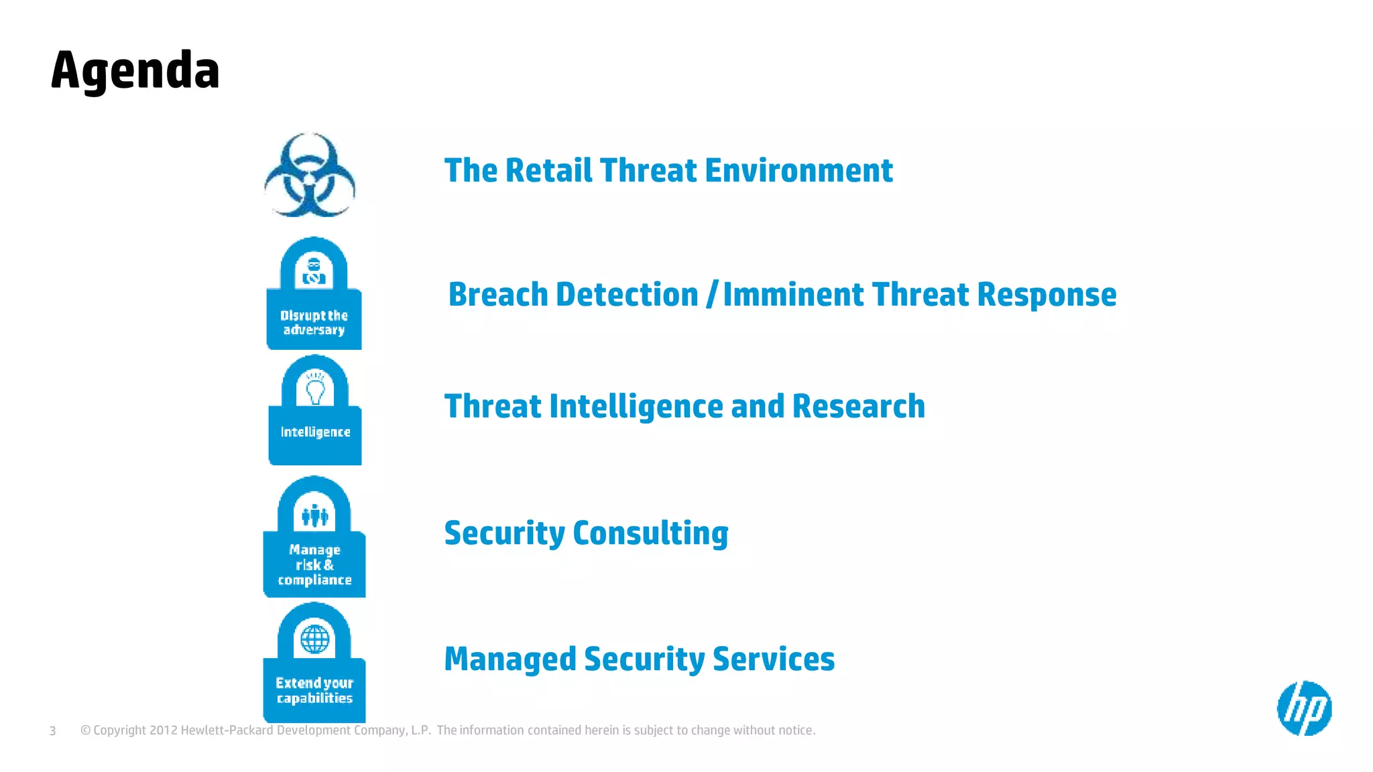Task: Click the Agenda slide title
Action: (135, 71)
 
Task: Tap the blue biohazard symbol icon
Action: (309, 175)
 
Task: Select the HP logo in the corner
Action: (1304, 708)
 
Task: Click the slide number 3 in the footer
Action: (52, 730)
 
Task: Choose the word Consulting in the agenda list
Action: (650, 533)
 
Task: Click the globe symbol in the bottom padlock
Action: (314, 639)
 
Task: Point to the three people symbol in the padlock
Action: (314, 516)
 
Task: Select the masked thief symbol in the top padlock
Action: (314, 270)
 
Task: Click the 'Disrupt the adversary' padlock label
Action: (314, 322)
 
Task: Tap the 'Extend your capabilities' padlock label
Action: (314, 690)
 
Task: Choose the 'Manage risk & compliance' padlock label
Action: (314, 565)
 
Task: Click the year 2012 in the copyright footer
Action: (163, 730)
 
